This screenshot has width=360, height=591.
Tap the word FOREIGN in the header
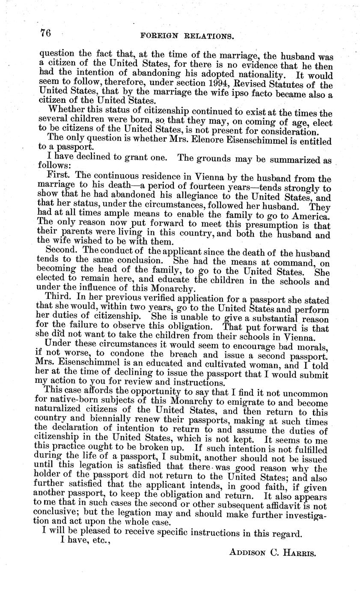pos(158,37)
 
